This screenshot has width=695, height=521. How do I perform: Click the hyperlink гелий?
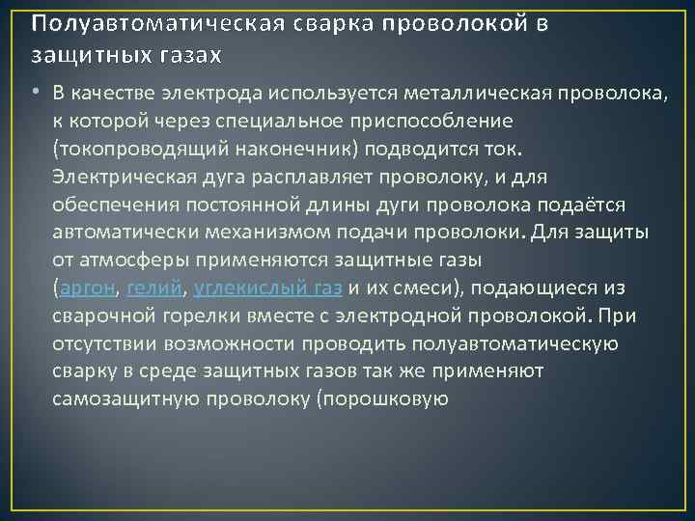pos(155,288)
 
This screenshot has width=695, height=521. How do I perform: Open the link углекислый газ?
pos(267,288)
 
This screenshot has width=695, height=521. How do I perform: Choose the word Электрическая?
pos(125,177)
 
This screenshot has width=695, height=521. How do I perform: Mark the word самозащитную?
pos(120,398)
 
